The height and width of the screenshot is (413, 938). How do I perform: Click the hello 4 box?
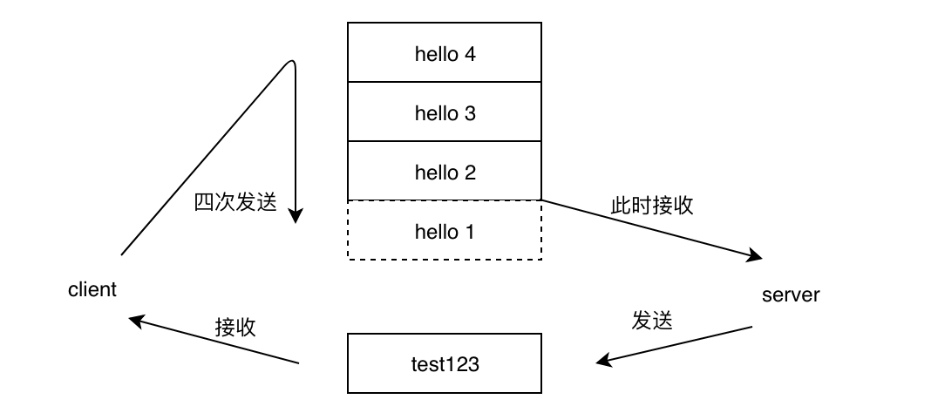(445, 53)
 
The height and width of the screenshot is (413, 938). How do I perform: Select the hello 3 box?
(445, 112)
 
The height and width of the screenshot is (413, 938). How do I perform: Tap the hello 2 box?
(445, 172)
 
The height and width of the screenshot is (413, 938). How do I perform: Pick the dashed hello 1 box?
(445, 231)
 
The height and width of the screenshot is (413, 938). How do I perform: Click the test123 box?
(445, 363)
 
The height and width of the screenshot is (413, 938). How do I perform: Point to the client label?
(92, 290)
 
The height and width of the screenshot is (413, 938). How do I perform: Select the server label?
(791, 295)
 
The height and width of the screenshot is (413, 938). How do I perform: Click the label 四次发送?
(234, 204)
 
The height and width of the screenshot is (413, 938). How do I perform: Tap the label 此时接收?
(652, 206)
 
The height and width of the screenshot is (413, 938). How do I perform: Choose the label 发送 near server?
(653, 320)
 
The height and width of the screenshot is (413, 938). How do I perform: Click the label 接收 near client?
(235, 327)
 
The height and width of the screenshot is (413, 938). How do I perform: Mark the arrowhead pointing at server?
(755, 256)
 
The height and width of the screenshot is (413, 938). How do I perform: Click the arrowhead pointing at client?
(136, 320)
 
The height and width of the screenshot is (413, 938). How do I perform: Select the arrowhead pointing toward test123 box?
(603, 360)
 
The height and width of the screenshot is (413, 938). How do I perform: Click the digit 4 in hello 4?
(471, 54)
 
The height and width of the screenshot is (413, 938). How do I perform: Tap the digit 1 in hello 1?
(471, 232)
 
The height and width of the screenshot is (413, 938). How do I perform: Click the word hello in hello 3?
(436, 112)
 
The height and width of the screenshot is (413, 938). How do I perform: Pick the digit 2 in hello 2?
(471, 173)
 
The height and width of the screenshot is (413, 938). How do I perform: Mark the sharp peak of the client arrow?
(290, 62)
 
